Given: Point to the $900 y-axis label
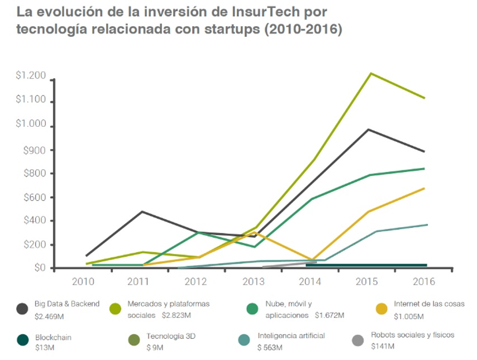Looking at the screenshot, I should click(x=35, y=150).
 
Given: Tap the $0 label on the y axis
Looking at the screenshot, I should click(x=40, y=268).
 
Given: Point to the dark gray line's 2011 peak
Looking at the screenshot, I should click(x=142, y=212).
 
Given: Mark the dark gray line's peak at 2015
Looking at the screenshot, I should click(x=369, y=129).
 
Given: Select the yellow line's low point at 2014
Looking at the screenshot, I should click(x=312, y=261).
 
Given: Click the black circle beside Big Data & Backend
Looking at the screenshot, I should click(x=23, y=309).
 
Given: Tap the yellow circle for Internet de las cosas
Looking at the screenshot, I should click(x=382, y=309).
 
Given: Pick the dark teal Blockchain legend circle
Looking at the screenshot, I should click(x=23, y=340).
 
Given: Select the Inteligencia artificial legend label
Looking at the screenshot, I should click(x=291, y=335).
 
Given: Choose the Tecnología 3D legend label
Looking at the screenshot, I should click(x=171, y=336).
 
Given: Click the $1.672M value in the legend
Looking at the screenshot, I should click(x=329, y=315).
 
